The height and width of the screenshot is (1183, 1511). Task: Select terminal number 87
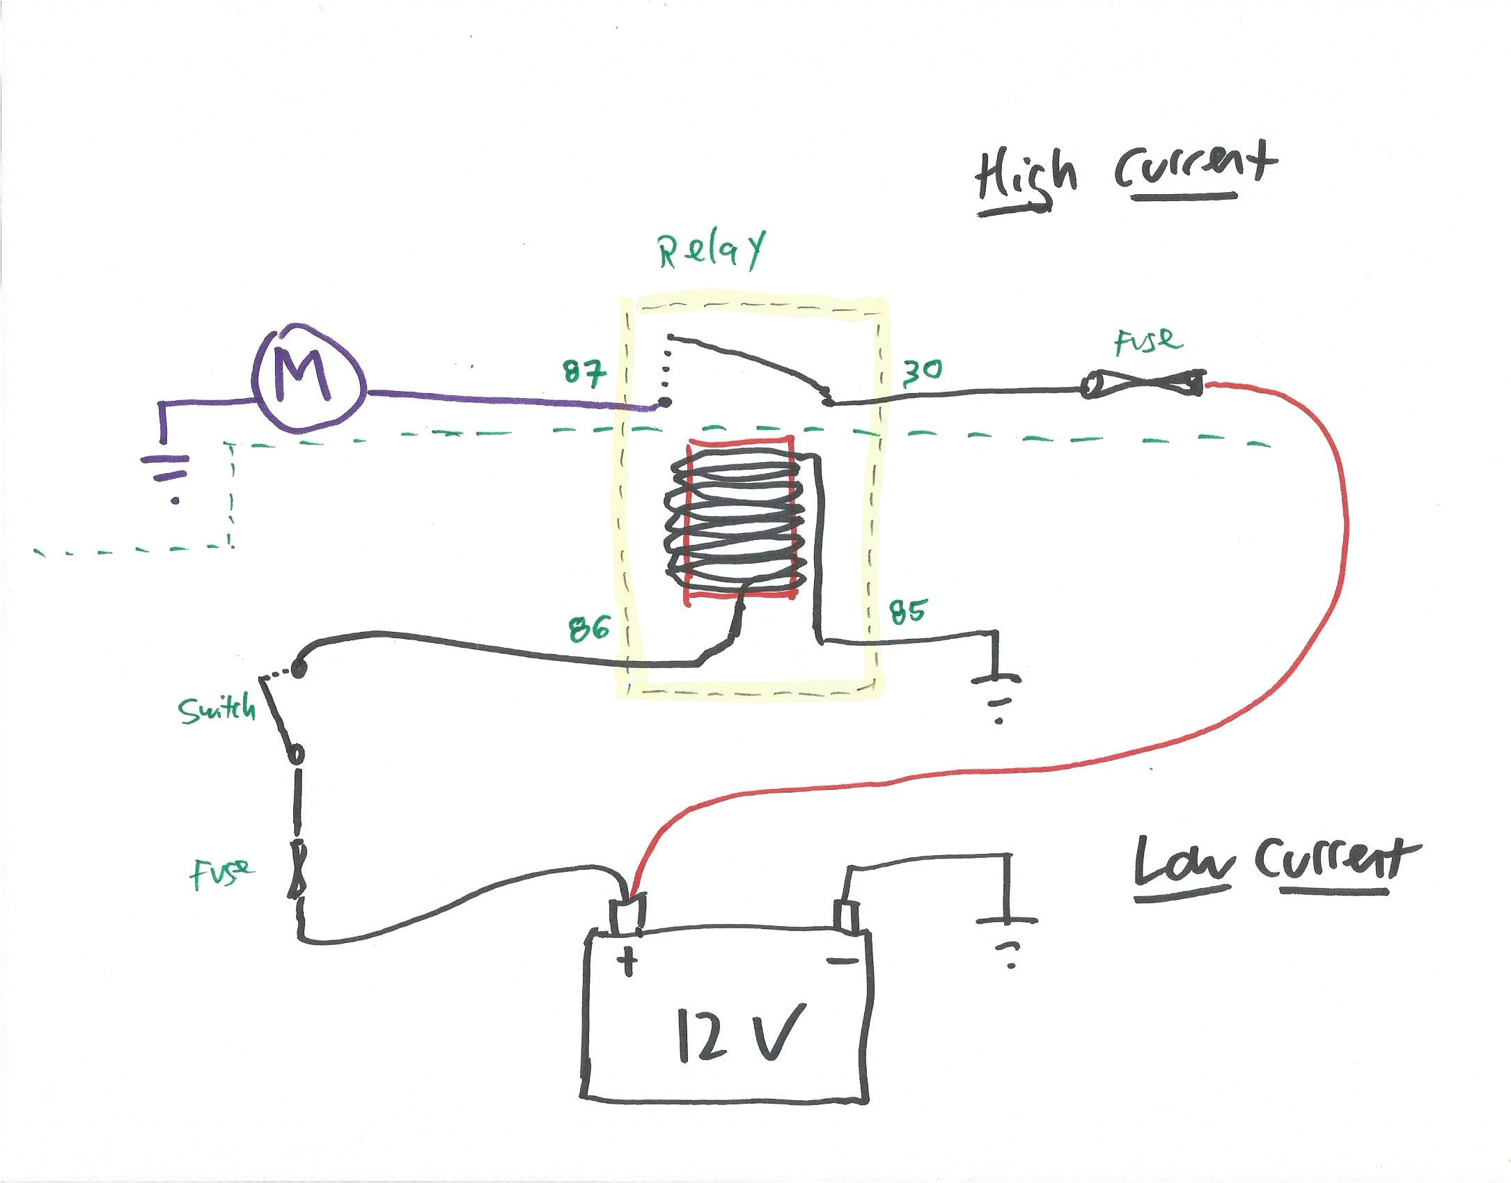click(x=584, y=374)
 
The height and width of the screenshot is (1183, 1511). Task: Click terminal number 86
click(x=589, y=628)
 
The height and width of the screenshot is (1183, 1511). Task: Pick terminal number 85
click(x=907, y=612)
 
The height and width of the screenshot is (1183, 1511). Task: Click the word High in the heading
click(x=1025, y=177)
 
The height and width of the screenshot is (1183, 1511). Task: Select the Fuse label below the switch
click(x=221, y=873)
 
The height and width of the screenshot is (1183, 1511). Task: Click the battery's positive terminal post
click(x=626, y=914)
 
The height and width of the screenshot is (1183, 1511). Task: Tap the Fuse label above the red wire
click(x=1148, y=341)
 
